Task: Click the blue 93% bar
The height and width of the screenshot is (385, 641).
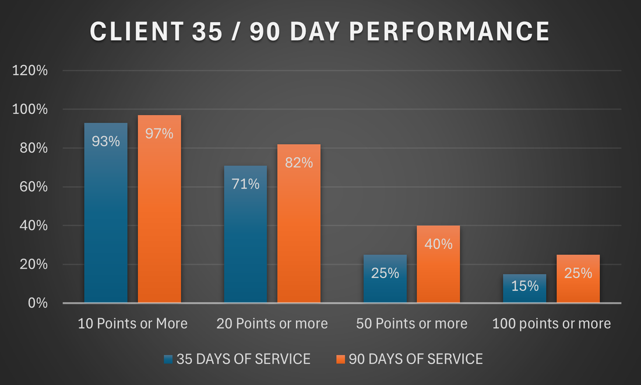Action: pos(105,213)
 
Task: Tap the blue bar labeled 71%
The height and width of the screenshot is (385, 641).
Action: pos(245,233)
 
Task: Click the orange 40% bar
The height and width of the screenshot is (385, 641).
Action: pos(438,264)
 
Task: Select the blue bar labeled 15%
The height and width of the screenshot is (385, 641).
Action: pos(524,288)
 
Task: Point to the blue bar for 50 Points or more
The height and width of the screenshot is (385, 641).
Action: pos(385,279)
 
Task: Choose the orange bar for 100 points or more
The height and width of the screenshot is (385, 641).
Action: pos(577,279)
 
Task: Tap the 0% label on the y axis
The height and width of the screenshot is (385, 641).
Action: pos(37,303)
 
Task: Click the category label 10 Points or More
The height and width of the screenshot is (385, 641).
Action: pos(133,323)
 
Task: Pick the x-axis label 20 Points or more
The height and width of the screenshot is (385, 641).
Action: pos(272,323)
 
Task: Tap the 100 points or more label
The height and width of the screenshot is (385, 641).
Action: pos(551,323)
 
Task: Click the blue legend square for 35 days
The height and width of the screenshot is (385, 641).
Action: pos(168,359)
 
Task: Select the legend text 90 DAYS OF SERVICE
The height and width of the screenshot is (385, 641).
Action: pos(415,359)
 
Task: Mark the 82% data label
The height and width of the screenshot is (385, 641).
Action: pos(298,163)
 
